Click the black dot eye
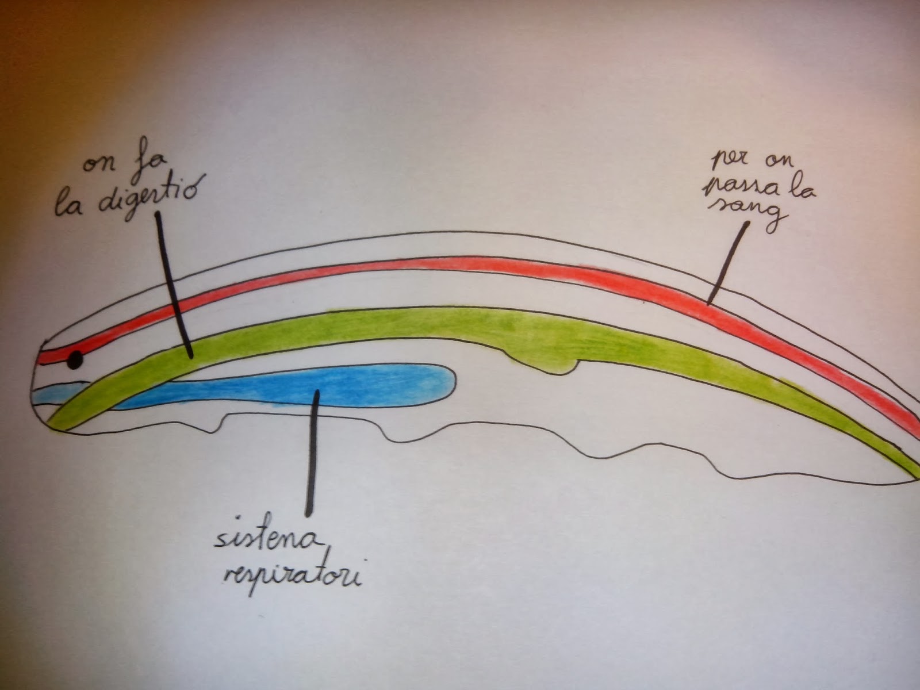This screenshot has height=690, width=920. click(75, 361)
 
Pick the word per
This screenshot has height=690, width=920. click(726, 158)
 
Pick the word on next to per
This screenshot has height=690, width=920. click(773, 161)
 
